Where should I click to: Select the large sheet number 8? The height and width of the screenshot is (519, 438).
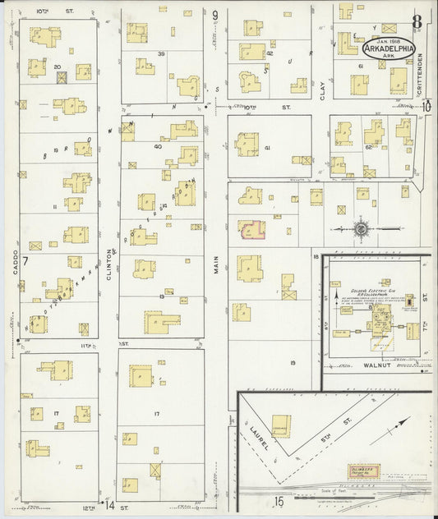point(417,22)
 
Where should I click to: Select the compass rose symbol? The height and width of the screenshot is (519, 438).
point(360,227)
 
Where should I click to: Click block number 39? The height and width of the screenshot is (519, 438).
point(162,53)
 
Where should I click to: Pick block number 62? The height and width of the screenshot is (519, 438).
point(367,148)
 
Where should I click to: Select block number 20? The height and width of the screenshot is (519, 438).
point(57,66)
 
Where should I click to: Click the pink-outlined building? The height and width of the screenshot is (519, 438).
point(251,229)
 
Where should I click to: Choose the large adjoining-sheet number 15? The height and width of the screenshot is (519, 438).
point(279,501)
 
